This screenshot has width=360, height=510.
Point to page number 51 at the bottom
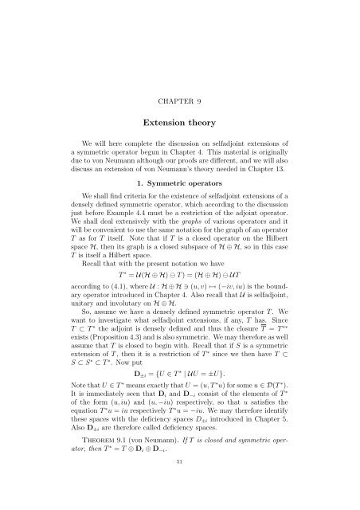[180, 483]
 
